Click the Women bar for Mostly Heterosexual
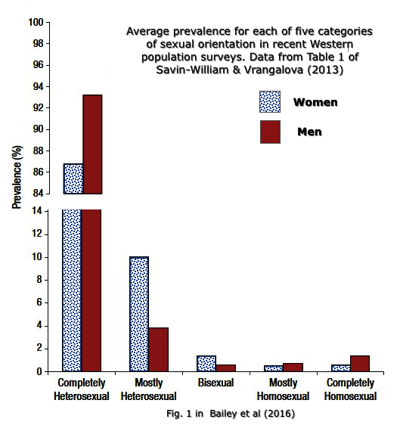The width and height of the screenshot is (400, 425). pyautogui.click(x=139, y=314)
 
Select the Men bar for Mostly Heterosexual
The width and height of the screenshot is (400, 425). pyautogui.click(x=158, y=349)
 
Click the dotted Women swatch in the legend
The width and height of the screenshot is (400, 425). pyautogui.click(x=269, y=102)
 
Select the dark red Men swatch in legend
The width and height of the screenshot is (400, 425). pyautogui.click(x=269, y=132)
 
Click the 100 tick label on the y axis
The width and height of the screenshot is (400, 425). pyautogui.click(x=35, y=22)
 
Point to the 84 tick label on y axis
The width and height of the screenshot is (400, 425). pyautogui.click(x=37, y=194)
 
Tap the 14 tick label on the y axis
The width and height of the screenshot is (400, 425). pyautogui.click(x=37, y=210)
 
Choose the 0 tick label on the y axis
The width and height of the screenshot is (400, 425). pyautogui.click(x=39, y=371)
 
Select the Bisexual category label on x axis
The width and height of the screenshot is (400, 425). pyautogui.click(x=215, y=384)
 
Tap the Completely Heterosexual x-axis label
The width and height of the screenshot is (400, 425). pyautogui.click(x=82, y=389)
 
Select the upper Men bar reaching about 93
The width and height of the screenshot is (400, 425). pyautogui.click(x=92, y=144)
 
